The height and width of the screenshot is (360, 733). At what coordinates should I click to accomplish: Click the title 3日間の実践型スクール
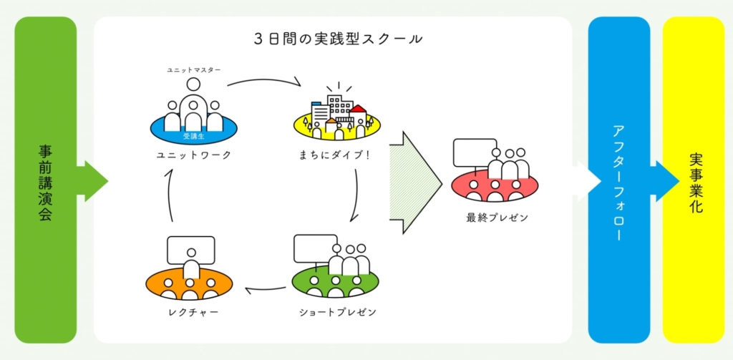pos(339,39)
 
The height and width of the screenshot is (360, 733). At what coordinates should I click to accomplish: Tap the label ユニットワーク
pos(193,155)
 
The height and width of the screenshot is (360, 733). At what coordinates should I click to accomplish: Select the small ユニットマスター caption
pos(194,70)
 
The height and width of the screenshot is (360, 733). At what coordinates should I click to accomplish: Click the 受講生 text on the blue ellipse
pos(193,137)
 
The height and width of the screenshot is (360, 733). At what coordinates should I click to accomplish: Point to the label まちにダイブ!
pos(335,155)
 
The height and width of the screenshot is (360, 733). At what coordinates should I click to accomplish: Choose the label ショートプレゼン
pos(338,312)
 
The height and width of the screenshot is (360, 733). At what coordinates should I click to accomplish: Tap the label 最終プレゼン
pos(497,218)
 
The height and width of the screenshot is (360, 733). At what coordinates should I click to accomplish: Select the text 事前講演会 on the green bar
pos(45,183)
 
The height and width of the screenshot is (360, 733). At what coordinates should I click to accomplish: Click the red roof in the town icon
pos(358,110)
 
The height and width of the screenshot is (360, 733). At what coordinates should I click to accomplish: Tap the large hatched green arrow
pos(416,183)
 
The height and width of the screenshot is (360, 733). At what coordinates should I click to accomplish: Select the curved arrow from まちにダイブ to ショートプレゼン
pos(356,195)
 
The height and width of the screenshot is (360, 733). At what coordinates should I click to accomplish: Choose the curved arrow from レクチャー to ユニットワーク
pos(169,195)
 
